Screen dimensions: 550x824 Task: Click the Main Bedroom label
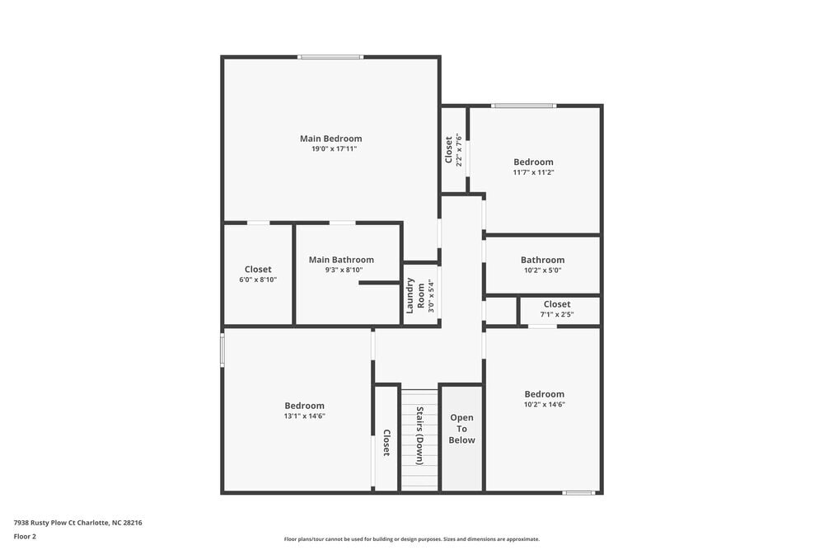330,139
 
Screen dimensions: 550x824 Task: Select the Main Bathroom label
341,260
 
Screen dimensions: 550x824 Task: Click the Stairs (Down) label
419,435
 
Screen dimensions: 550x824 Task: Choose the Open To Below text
461,429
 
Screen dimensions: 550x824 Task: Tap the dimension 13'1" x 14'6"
305,416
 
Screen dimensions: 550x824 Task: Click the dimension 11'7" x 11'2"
533,172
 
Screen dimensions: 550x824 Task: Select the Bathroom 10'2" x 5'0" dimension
542,270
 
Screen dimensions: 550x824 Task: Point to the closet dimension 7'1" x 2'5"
557,314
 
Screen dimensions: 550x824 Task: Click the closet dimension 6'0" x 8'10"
258,280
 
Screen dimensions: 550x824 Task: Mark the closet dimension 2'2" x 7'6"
459,150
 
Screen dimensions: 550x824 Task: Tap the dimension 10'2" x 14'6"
545,405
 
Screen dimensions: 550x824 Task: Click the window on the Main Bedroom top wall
330,57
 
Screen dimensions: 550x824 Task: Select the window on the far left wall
222,349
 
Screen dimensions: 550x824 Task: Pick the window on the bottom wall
578,493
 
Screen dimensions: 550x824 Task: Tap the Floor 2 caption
25,536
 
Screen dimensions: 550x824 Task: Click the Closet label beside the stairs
386,443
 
